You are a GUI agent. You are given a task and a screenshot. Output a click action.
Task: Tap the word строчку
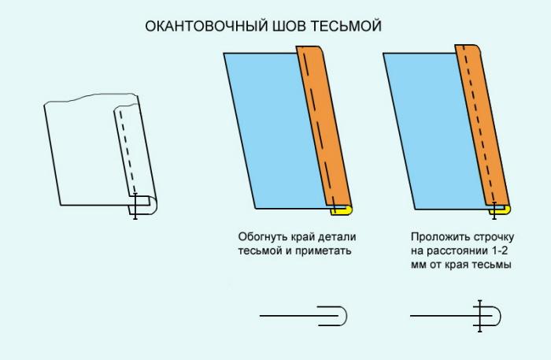click(x=493, y=238)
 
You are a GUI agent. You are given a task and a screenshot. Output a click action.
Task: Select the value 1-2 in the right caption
click(x=499, y=251)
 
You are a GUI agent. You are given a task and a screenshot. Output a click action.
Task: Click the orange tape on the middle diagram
click(x=324, y=126)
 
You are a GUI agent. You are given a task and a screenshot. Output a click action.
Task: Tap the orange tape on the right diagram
click(x=483, y=124)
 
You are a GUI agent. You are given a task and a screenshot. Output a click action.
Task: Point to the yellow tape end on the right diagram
click(x=501, y=210)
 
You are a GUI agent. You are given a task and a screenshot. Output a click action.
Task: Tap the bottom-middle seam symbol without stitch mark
click(x=303, y=316)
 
